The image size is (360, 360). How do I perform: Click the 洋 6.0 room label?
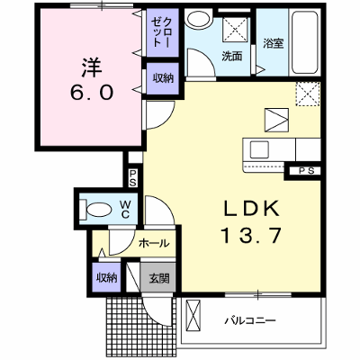tap(92, 79)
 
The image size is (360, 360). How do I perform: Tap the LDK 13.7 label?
tap(252, 222)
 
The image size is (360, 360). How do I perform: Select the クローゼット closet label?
tap(162, 32)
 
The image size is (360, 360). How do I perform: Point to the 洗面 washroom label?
tap(232, 56)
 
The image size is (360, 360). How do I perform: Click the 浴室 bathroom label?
tap(274, 44)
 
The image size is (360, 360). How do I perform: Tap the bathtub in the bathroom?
tap(305, 42)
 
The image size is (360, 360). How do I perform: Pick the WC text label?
tap(125, 210)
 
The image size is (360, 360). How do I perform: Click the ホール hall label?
tap(154, 243)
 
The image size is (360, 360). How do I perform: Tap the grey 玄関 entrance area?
tap(158, 277)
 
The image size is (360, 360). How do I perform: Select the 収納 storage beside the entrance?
tap(106, 277)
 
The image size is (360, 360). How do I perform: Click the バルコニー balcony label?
tap(250, 321)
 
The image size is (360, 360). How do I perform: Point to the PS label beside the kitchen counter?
tap(307, 171)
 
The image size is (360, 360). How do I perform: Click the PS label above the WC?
tap(133, 177)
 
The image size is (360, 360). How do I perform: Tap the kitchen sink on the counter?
tap(259, 149)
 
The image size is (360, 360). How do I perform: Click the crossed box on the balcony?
tap(193, 315)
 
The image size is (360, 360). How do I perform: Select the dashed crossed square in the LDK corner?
tap(308, 94)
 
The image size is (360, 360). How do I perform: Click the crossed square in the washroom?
tap(236, 29)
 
